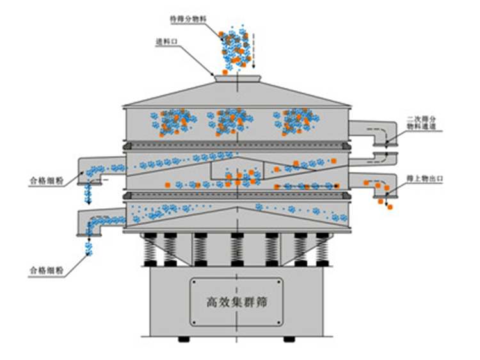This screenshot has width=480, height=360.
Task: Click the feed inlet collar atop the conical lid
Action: tap(237, 78)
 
